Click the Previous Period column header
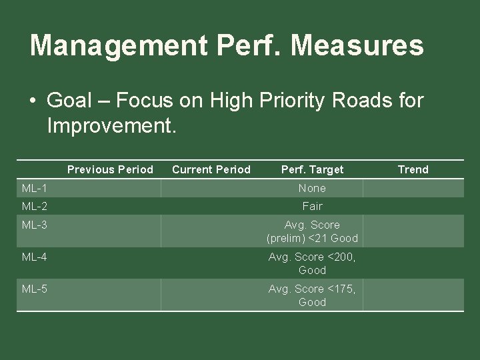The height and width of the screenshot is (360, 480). (x=110, y=169)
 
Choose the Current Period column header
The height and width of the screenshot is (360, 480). (x=211, y=169)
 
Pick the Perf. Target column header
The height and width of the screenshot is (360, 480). (x=312, y=169)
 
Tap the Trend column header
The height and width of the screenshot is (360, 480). (x=413, y=169)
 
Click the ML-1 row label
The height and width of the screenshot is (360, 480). (x=34, y=189)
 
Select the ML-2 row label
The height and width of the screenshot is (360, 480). (x=34, y=207)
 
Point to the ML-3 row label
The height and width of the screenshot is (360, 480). (x=34, y=225)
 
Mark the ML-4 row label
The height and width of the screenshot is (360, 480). (x=34, y=257)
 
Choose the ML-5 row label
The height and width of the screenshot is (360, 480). (x=34, y=289)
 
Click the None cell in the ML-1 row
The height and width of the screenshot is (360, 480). (x=312, y=189)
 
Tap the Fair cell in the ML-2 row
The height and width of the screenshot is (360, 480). (x=312, y=207)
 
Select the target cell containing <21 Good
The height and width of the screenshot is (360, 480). (x=312, y=232)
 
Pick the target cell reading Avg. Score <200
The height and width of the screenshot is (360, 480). (x=312, y=263)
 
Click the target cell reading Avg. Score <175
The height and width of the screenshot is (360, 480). (x=312, y=295)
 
